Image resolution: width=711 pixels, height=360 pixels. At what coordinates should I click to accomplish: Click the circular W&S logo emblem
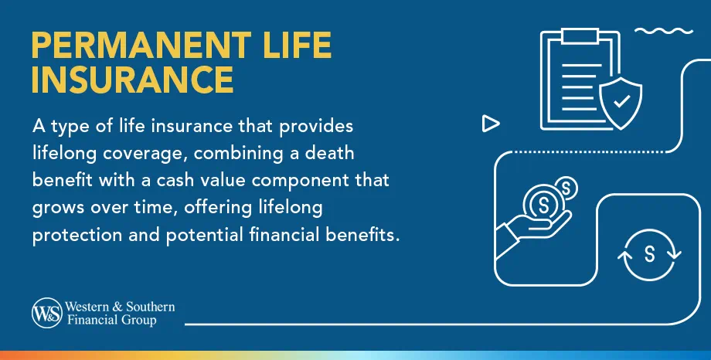coord(45,313)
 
